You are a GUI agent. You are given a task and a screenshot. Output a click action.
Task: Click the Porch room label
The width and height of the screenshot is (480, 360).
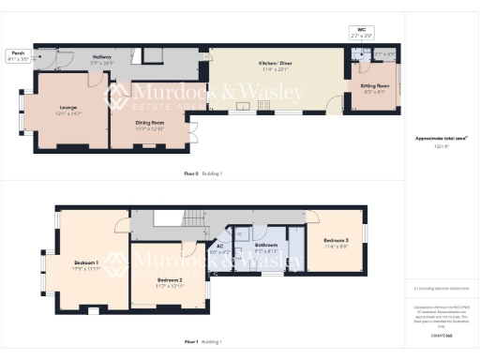16,52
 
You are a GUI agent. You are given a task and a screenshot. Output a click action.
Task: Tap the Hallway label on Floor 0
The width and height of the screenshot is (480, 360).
101,57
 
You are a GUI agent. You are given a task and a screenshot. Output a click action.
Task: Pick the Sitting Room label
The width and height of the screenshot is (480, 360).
375,85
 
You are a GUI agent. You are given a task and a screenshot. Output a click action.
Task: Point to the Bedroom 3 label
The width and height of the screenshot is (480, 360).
337,241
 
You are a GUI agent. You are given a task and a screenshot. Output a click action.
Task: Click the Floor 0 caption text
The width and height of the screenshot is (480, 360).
189,173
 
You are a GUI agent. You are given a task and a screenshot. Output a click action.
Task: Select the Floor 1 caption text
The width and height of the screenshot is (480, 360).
190,342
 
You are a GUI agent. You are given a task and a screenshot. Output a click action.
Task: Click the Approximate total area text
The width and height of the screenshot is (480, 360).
442,139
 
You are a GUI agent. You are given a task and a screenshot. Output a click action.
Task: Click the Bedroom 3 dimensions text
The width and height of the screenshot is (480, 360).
337,247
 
